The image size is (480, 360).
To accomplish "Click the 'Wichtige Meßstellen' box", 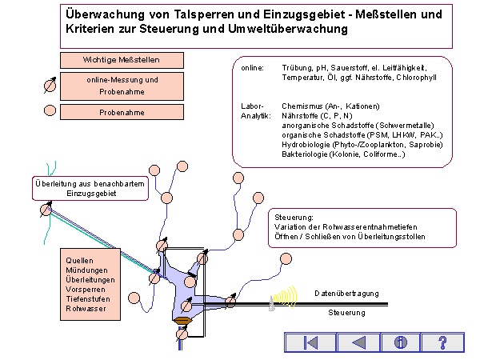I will (x=122, y=60).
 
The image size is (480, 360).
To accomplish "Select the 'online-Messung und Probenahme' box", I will (x=122, y=85).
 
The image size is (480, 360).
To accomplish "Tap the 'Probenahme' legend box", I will (x=122, y=113).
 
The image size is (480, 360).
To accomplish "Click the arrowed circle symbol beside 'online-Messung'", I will (x=49, y=85).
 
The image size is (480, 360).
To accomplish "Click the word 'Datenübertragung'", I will (x=346, y=294).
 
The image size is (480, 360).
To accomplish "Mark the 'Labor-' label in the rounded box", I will (x=251, y=106).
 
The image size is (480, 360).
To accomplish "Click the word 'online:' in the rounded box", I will (x=253, y=68).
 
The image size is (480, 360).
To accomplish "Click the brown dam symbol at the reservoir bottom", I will (x=182, y=321).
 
